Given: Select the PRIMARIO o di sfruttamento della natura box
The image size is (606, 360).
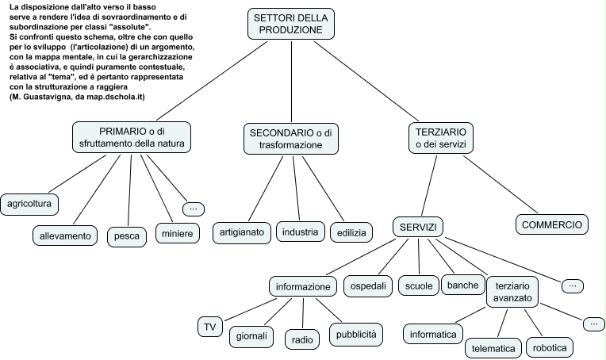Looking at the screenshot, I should tap(131, 137).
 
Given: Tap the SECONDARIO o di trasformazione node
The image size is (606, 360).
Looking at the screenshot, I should tap(290, 139).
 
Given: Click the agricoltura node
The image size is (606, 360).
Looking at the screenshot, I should tap(29, 205).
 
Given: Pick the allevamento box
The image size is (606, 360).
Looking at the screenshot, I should tap(66, 236).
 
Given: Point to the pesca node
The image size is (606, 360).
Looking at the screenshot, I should tap(127, 236).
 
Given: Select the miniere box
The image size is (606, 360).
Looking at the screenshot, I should tap(177, 235).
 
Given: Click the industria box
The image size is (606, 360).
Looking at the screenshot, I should tap(300, 232).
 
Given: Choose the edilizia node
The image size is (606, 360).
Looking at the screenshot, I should tap(351, 233).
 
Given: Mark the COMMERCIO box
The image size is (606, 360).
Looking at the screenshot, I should tap(553, 224).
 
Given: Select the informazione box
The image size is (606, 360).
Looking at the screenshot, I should tap(302, 286).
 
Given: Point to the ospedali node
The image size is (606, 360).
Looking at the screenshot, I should tap(368, 285).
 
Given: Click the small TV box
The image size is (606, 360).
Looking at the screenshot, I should tap(209, 327).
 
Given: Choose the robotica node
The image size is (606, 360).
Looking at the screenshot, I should tap(550, 347).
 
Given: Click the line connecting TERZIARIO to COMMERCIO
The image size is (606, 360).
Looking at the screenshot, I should tap(500, 182).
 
